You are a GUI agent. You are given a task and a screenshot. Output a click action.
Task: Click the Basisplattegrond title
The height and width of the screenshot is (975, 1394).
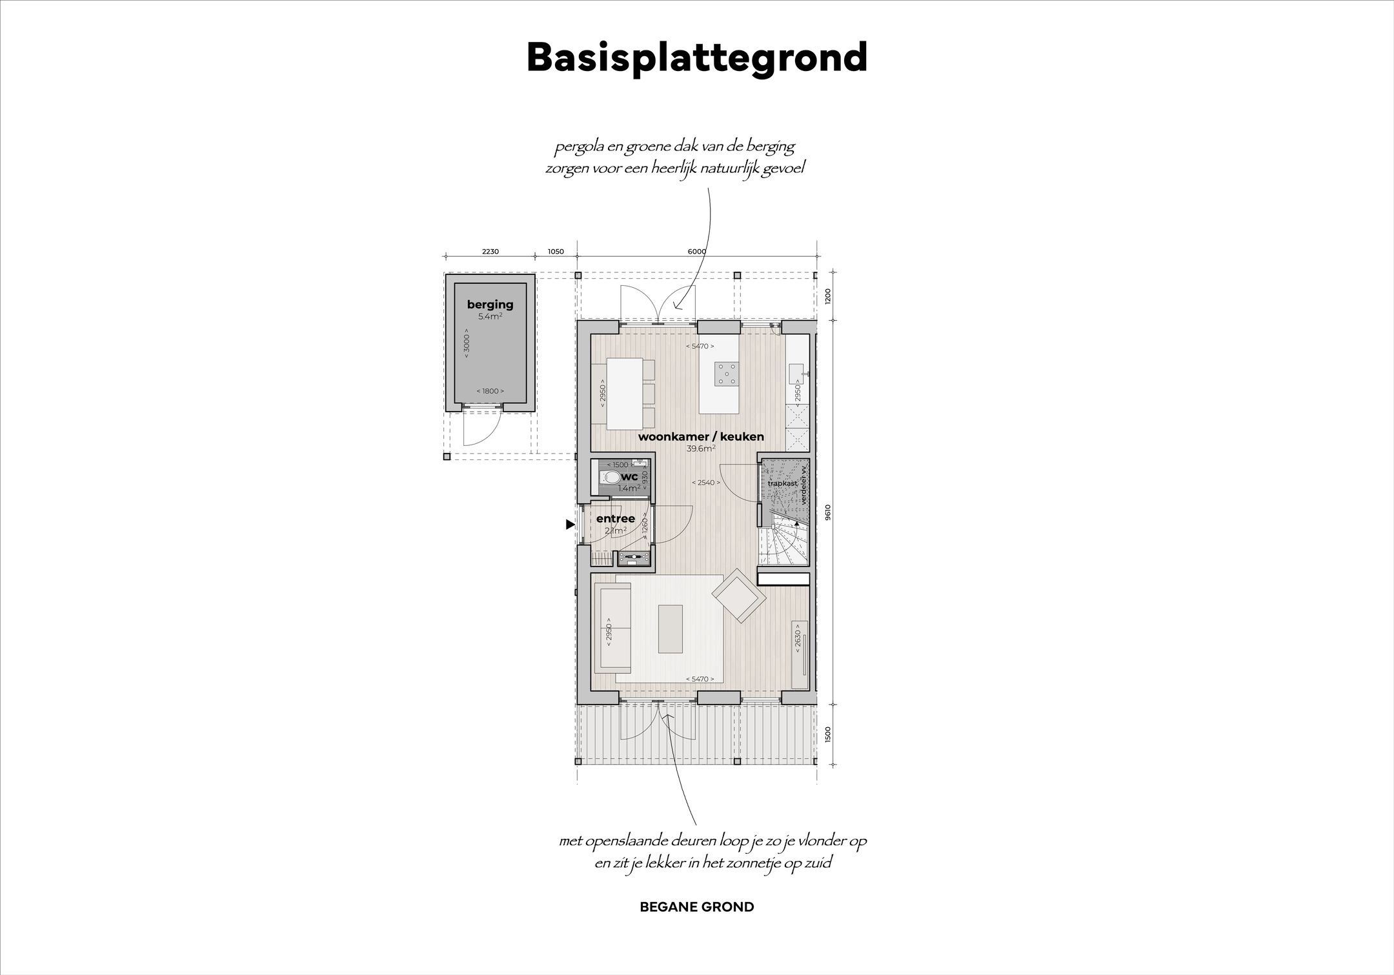[x=697, y=58]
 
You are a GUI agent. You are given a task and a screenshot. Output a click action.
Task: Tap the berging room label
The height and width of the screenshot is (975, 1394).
[x=490, y=305]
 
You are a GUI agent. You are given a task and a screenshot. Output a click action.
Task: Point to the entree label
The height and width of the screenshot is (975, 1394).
[x=615, y=519]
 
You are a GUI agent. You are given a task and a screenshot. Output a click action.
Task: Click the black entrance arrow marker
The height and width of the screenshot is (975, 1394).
[x=570, y=525]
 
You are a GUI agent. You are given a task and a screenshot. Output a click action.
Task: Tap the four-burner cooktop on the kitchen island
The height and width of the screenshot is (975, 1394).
[x=726, y=373]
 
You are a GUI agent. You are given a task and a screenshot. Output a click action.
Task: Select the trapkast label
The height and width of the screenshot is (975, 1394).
[x=782, y=483]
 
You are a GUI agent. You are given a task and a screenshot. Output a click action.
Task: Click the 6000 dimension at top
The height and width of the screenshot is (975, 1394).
[x=697, y=252]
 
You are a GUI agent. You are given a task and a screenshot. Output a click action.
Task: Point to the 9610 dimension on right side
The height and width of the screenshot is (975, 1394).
[x=828, y=511]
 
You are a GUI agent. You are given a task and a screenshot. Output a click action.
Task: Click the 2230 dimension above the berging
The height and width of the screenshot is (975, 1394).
[x=490, y=252]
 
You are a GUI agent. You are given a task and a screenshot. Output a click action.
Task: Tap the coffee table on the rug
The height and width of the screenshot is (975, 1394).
[x=669, y=628]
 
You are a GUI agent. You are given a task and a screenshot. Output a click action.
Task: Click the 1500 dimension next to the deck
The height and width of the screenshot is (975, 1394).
[x=828, y=734]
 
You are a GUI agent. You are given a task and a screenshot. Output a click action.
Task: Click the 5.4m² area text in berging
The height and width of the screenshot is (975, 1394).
[x=490, y=317]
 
